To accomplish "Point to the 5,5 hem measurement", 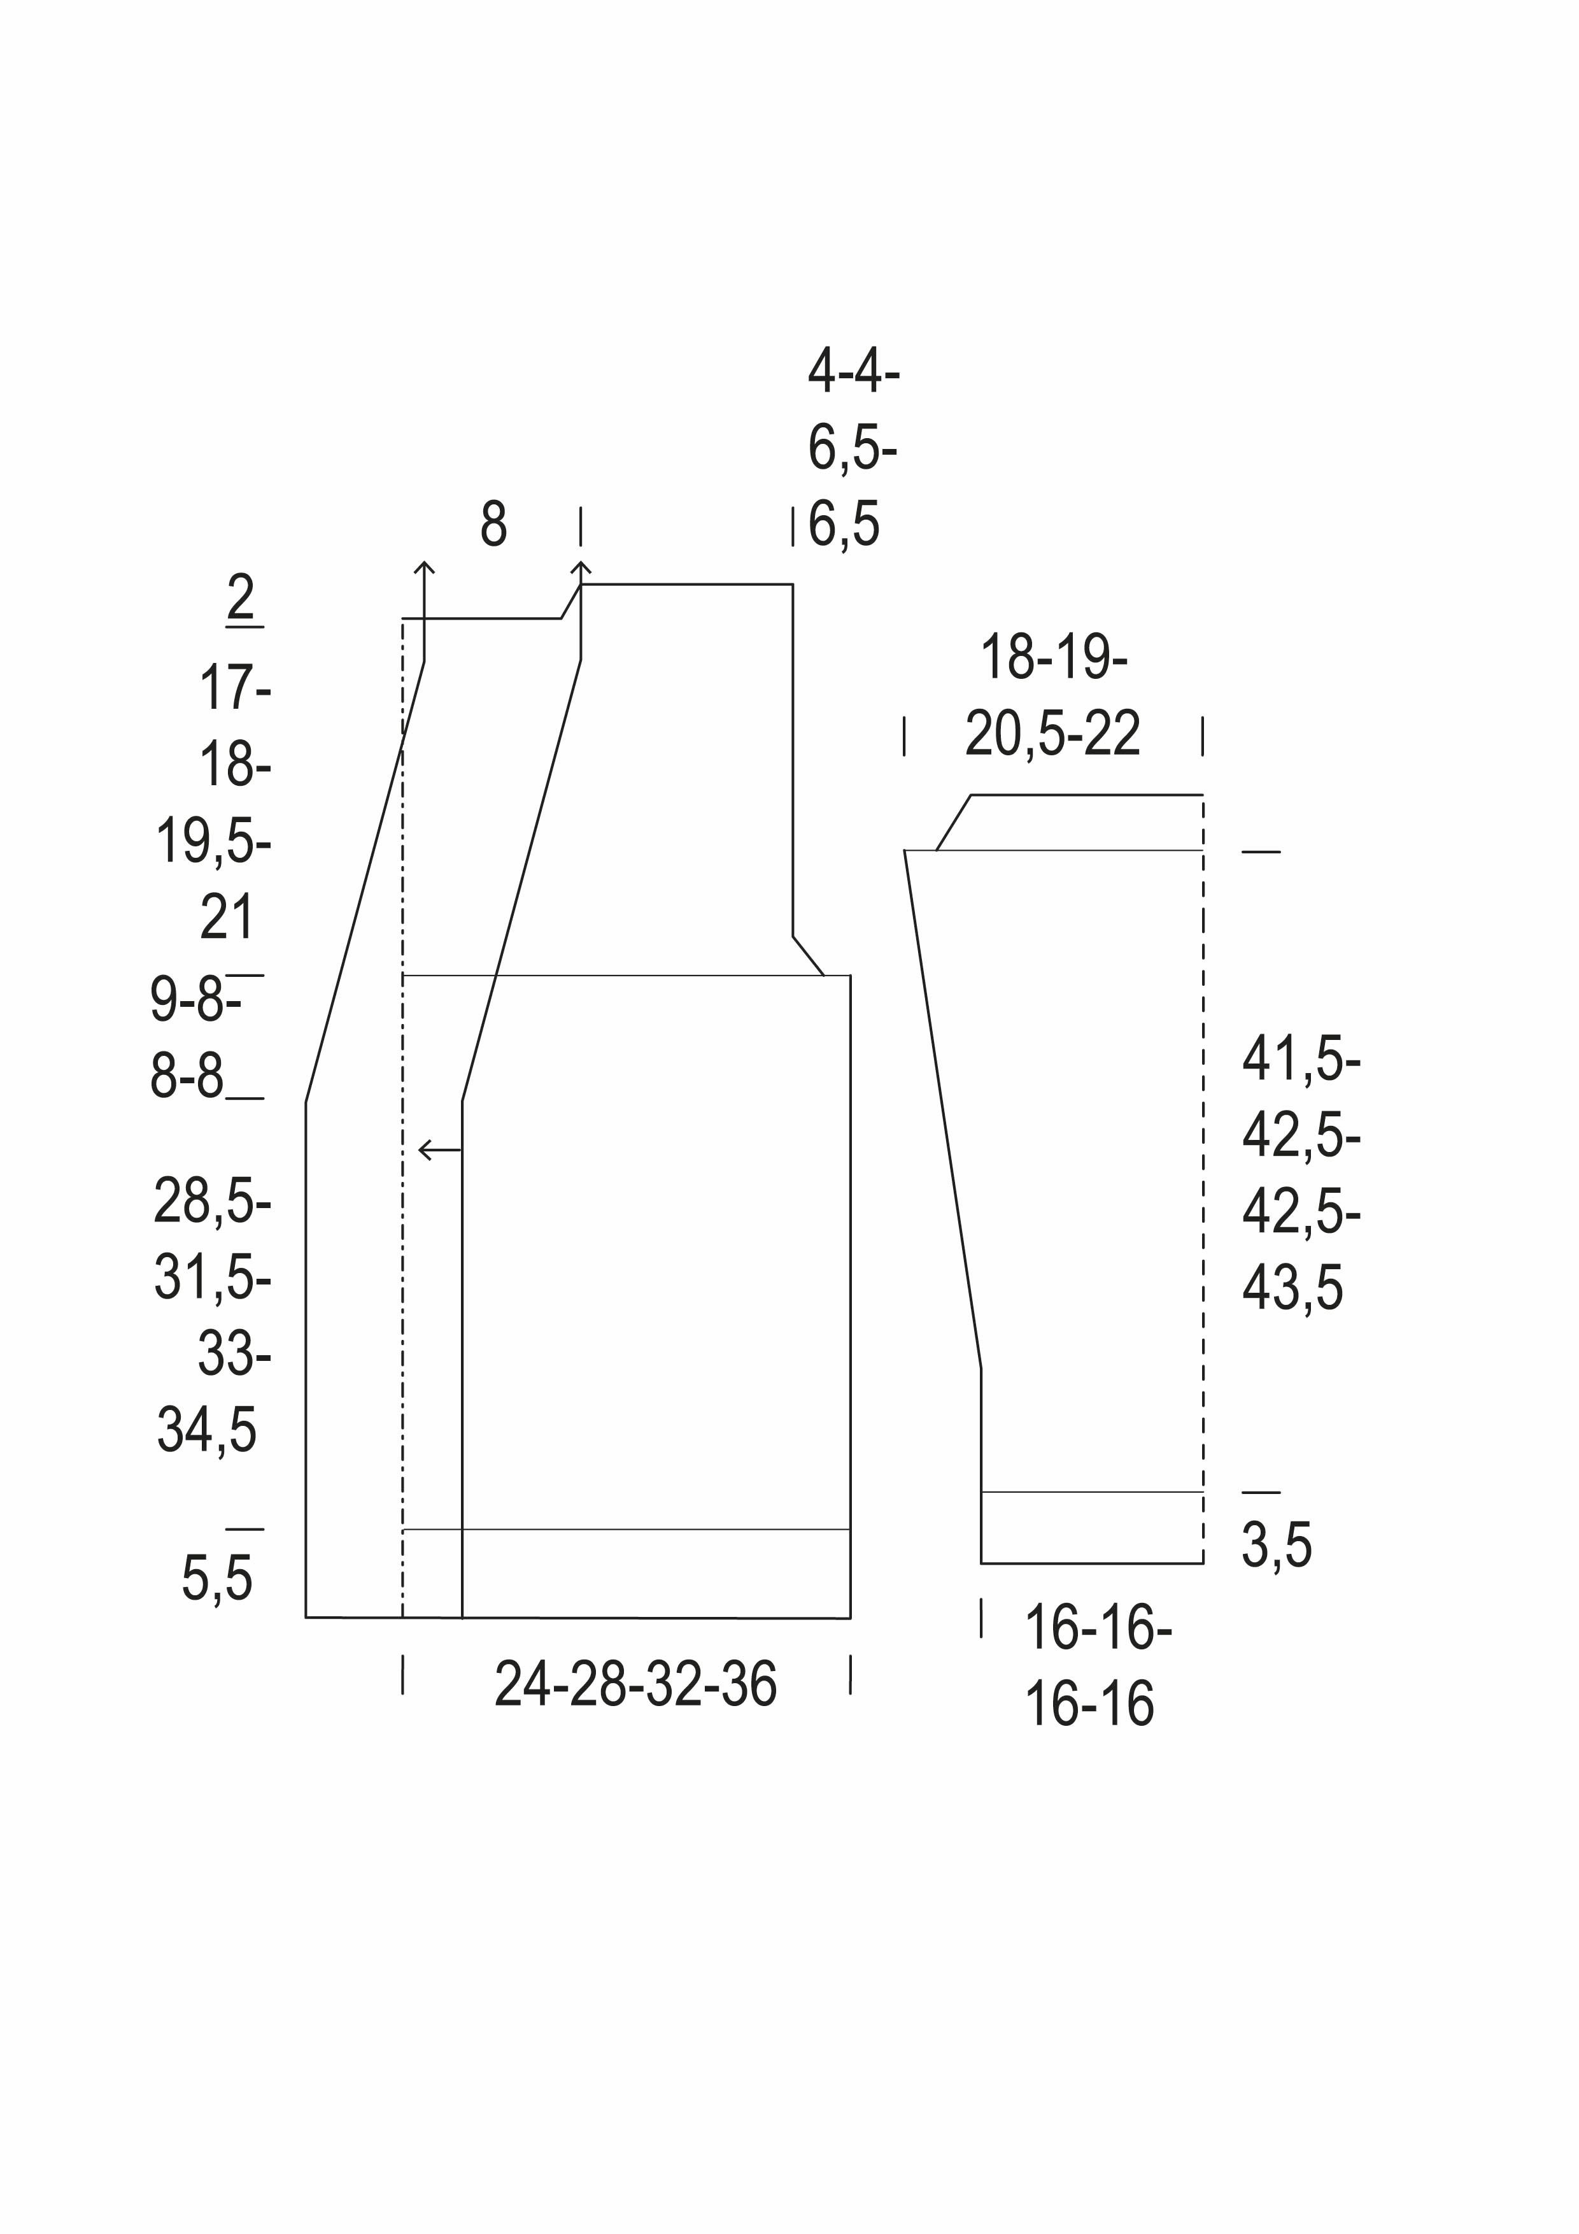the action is pos(217,1578).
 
